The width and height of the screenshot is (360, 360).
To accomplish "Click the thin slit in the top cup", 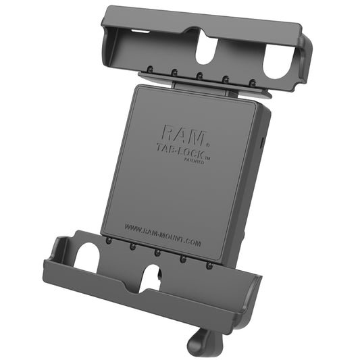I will [139, 32].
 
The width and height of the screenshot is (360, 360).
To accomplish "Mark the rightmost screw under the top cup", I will [252, 82].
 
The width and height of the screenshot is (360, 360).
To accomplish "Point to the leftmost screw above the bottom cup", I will [109, 240].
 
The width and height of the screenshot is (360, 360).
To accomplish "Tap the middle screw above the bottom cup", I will [157, 252].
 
